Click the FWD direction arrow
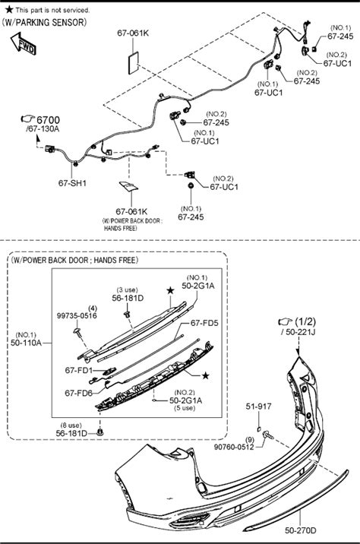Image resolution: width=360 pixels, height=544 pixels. click(x=24, y=44)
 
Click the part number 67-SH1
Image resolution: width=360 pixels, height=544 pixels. click(x=72, y=183)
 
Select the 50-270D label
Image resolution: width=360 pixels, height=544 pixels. click(x=301, y=530)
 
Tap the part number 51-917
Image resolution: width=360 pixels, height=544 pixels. click(x=259, y=406)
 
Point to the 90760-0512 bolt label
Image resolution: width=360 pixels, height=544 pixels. click(x=234, y=448)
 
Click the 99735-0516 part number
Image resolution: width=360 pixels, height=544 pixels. click(x=77, y=316)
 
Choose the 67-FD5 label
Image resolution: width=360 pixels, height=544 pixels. click(x=204, y=323)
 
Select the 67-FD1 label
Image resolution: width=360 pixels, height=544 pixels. click(x=79, y=370)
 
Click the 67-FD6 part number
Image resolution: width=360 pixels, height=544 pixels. click(x=79, y=393)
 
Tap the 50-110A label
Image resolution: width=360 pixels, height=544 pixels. click(x=26, y=343)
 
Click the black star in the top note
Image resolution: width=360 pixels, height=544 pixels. click(x=9, y=9)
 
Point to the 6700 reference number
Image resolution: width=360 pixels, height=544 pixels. click(x=48, y=120)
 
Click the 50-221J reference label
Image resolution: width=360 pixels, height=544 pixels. click(x=298, y=332)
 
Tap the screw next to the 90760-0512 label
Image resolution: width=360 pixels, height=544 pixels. click(x=268, y=435)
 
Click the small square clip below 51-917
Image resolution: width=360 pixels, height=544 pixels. click(x=259, y=429)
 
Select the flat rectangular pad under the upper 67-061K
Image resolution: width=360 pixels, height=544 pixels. click(x=134, y=63)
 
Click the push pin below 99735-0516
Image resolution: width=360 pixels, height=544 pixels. click(x=77, y=331)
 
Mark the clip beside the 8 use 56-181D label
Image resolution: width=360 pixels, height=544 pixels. click(x=100, y=432)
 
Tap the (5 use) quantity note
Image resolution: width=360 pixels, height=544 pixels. click(x=185, y=408)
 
